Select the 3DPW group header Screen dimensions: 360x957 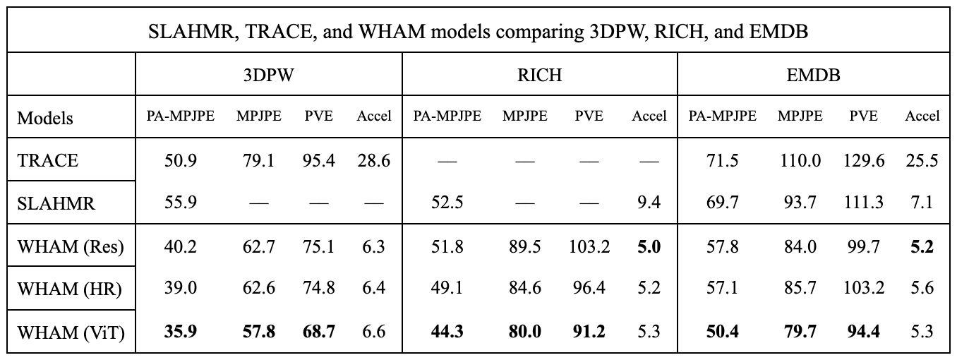(x=268, y=76)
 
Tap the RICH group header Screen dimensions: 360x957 (x=540, y=76)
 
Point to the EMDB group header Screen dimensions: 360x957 (x=813, y=76)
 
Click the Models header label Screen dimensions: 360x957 (x=45, y=117)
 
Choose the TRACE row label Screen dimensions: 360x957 (x=48, y=160)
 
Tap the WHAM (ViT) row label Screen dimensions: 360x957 (x=71, y=331)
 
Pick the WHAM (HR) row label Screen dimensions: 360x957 (x=69, y=289)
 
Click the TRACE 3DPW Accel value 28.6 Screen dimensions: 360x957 (x=373, y=160)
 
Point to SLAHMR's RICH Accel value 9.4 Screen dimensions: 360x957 (x=649, y=203)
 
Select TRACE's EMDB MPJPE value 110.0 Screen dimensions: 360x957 (x=800, y=160)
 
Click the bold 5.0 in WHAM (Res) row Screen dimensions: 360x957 (x=649, y=246)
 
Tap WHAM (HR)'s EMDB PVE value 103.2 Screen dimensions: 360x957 (x=863, y=289)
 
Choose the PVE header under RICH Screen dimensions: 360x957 (x=589, y=116)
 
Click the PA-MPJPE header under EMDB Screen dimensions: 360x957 (x=721, y=116)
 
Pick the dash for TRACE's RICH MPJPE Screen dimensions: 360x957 (x=524, y=161)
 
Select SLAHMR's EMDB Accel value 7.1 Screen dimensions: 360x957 (x=922, y=203)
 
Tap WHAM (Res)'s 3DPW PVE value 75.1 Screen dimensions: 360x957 (x=319, y=246)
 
